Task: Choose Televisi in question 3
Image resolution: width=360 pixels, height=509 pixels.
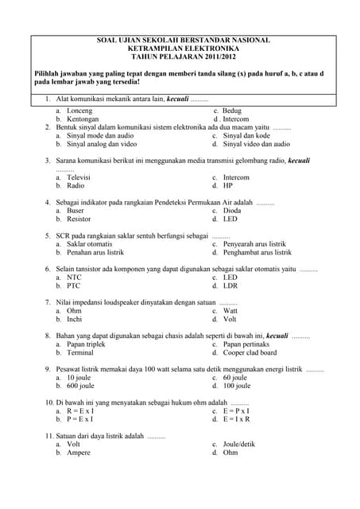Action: (x=79, y=177)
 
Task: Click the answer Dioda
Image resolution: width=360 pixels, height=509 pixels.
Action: (x=233, y=211)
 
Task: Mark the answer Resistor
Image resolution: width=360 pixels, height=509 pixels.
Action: (x=79, y=219)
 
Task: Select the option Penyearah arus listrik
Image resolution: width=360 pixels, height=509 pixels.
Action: (x=254, y=244)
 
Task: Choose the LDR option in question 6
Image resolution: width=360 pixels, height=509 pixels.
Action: (x=230, y=286)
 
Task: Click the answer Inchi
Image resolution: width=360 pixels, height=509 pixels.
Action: (x=75, y=319)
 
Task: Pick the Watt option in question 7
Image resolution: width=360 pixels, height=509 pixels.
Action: (x=231, y=311)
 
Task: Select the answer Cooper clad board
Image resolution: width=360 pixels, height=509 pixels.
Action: (x=250, y=352)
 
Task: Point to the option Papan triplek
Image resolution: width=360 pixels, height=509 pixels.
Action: (x=86, y=344)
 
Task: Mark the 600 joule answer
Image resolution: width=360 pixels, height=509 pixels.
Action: (x=80, y=386)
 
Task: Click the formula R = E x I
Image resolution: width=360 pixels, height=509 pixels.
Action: (x=80, y=411)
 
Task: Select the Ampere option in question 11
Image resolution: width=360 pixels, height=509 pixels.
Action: (x=79, y=453)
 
